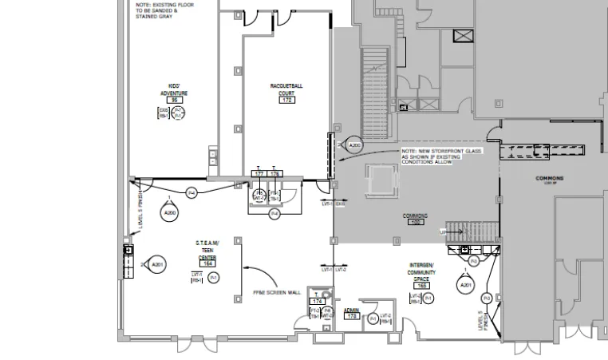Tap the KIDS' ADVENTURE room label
(x=173, y=89)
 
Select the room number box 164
(x=208, y=263)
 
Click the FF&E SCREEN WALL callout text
(x=275, y=293)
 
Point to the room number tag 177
(x=259, y=173)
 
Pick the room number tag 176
(x=275, y=173)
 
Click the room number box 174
(x=317, y=301)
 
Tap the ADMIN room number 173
(x=352, y=316)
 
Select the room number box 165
(x=422, y=285)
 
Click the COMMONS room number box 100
(x=415, y=222)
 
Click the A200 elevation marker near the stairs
(x=355, y=146)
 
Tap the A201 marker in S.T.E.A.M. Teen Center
(x=157, y=264)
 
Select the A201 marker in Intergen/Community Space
(x=465, y=285)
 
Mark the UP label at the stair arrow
(x=443, y=231)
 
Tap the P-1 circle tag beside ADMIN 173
(x=373, y=318)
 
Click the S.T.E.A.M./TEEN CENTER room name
(x=207, y=249)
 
